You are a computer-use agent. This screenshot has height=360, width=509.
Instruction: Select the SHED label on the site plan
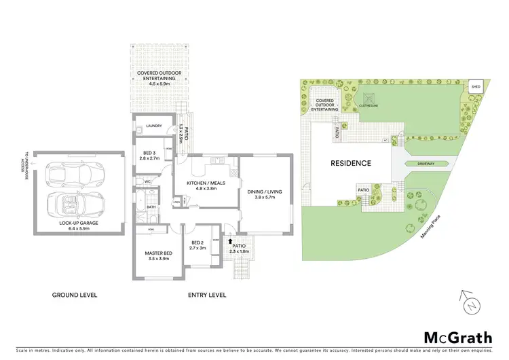(476, 87)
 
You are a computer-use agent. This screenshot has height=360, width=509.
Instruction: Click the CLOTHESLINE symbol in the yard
(369, 101)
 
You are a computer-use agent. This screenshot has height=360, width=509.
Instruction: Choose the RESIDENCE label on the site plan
(350, 163)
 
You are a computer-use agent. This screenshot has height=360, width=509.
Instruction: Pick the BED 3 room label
(151, 154)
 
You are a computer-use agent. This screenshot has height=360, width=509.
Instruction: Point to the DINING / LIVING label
(267, 196)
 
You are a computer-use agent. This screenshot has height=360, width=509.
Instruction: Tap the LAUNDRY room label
(153, 126)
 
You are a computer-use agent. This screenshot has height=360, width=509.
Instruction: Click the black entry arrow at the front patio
(231, 240)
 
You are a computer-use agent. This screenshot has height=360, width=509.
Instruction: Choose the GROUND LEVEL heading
(75, 295)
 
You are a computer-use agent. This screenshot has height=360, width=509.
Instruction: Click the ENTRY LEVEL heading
(206, 295)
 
